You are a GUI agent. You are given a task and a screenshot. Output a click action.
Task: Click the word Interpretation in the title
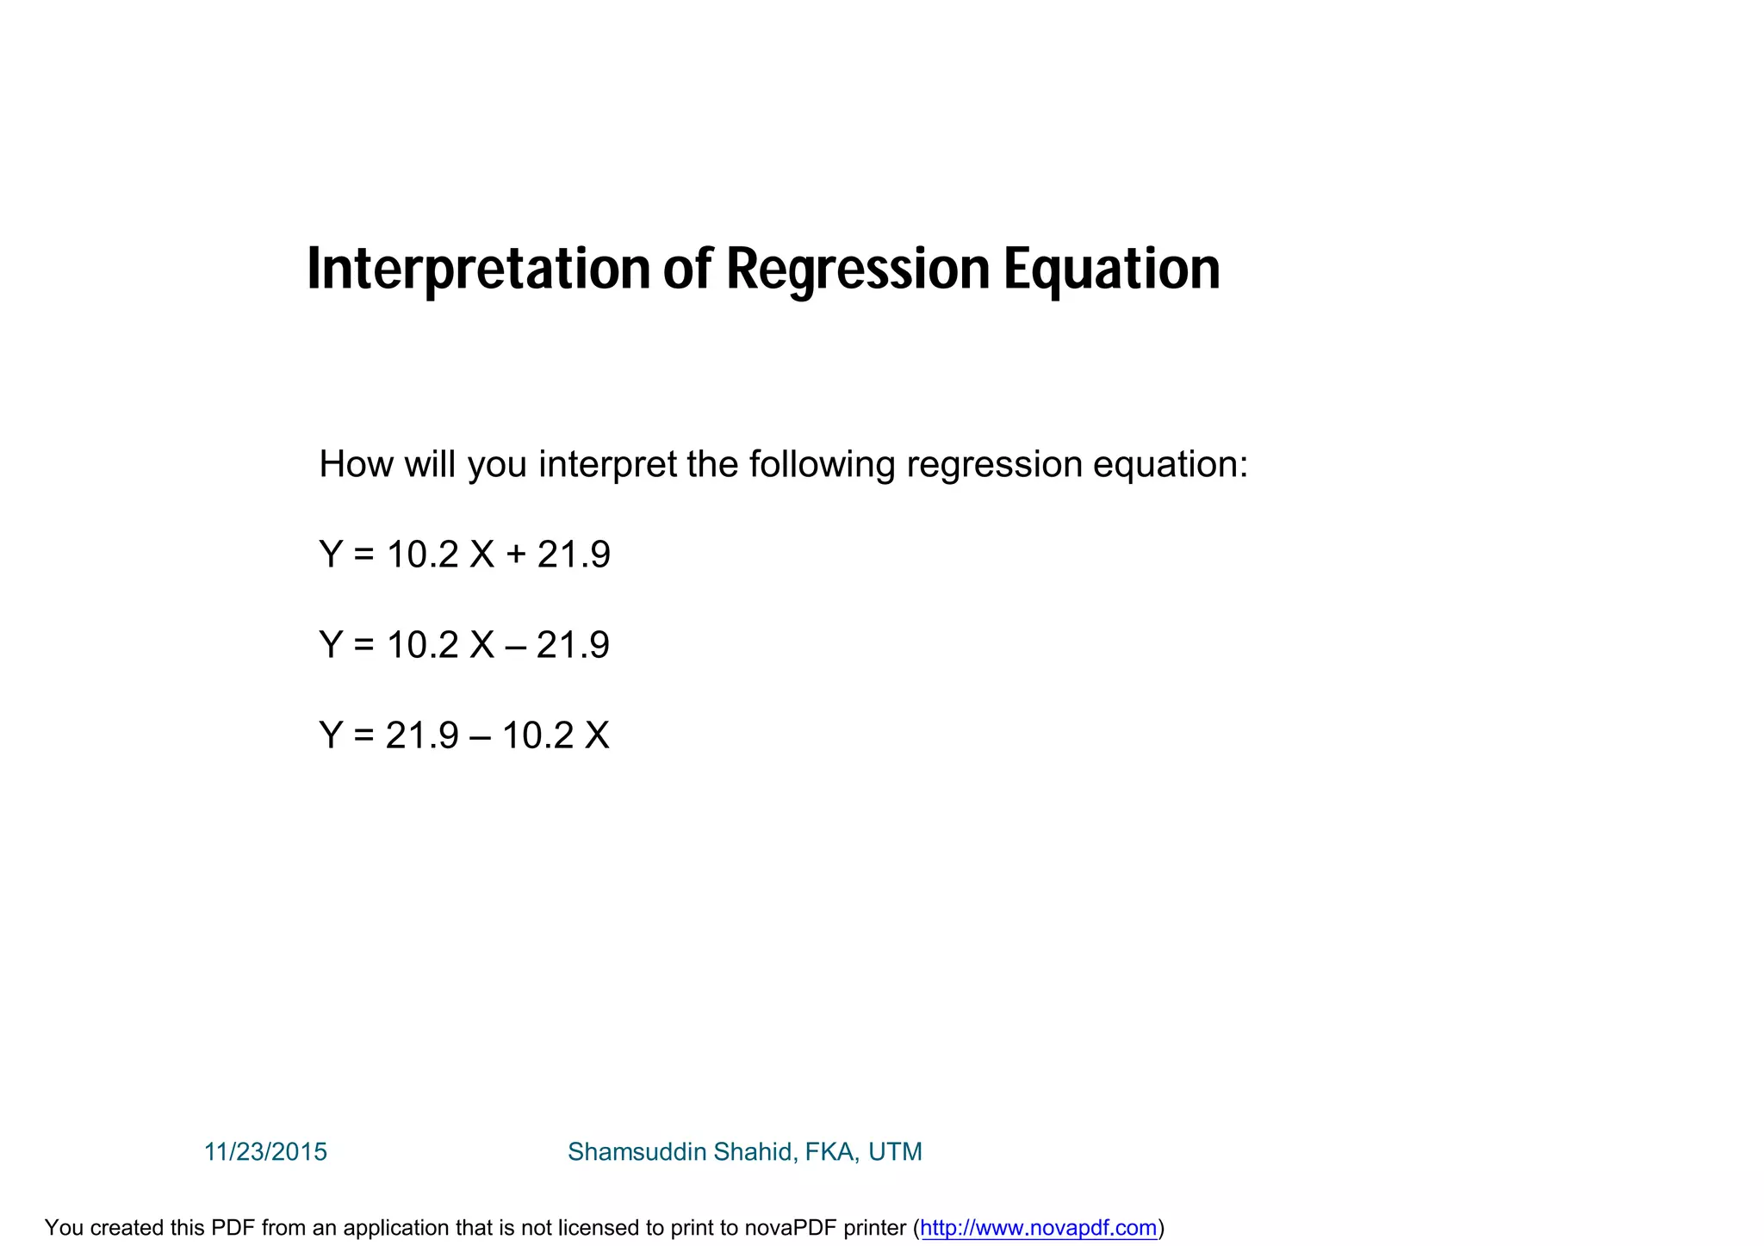click(x=479, y=270)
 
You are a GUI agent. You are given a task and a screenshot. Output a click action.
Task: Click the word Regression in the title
click(x=858, y=270)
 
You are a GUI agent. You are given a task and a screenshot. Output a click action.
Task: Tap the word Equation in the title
click(x=1111, y=270)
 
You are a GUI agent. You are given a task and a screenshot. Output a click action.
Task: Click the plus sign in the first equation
click(x=516, y=555)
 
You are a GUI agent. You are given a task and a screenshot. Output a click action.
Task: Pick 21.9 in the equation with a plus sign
click(x=574, y=555)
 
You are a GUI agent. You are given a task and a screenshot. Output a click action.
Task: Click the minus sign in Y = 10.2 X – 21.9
click(x=515, y=646)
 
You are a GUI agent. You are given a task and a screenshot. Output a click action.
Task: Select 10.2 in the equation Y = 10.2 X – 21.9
click(x=423, y=646)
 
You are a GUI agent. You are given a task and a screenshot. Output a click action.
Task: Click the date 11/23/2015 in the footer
click(x=265, y=1152)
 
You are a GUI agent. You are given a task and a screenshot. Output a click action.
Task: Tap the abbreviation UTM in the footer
click(x=895, y=1152)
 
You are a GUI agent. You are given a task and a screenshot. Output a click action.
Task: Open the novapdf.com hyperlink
click(x=1038, y=1228)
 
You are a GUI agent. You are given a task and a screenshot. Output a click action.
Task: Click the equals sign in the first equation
click(x=364, y=555)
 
